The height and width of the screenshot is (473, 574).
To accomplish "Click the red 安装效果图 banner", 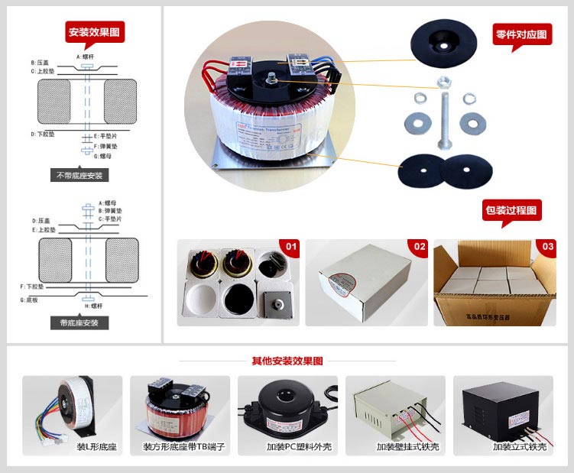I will point(94,32).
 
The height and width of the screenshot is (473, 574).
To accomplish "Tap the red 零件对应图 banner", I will point(522,34).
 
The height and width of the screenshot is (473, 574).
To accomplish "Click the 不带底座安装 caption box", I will point(79,175).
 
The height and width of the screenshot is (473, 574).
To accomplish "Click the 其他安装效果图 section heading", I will point(287,361).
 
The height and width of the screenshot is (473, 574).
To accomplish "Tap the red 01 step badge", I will point(290,247).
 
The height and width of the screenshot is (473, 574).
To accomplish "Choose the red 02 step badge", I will point(420,247).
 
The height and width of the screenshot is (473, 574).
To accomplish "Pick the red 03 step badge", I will point(547,247).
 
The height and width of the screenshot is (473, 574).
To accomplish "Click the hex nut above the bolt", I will point(443,83).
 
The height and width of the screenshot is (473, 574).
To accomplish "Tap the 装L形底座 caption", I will point(96,446).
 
